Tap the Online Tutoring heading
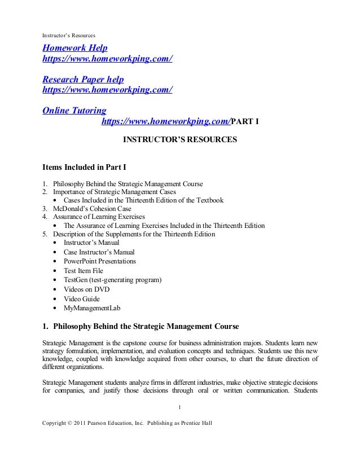pyautogui.click(x=74, y=109)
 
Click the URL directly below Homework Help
pyautogui.click(x=108, y=58)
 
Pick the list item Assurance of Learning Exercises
pyautogui.click(x=99, y=217)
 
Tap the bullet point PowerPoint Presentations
pyautogui.click(x=99, y=261)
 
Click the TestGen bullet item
pyautogui.click(x=113, y=280)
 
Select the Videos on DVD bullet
pyautogui.click(x=86, y=289)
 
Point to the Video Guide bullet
pyautogui.click(x=82, y=298)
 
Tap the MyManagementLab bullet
pyautogui.click(x=92, y=308)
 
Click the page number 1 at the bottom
pyautogui.click(x=180, y=407)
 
